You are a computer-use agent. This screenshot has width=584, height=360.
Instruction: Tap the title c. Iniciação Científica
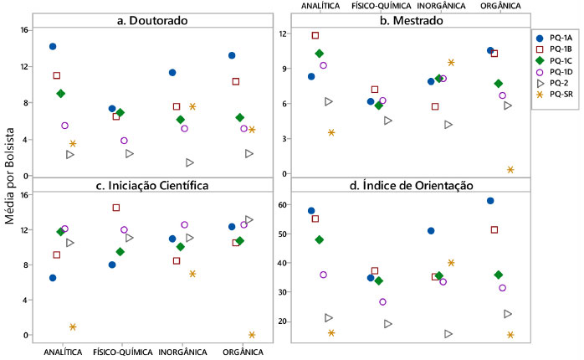point(153,185)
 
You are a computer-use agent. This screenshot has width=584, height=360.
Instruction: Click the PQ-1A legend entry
point(554,38)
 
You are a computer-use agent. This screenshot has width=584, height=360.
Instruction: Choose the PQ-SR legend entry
point(554,95)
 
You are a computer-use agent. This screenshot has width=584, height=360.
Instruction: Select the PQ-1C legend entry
point(554,60)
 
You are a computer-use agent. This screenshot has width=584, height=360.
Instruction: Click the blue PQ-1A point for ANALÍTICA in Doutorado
point(53,47)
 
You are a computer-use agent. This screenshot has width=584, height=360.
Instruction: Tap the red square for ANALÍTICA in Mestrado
point(315,36)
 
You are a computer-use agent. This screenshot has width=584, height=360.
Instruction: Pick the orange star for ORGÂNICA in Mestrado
point(510,170)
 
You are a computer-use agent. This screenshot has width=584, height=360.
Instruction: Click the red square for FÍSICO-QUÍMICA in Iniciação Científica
point(116,208)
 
